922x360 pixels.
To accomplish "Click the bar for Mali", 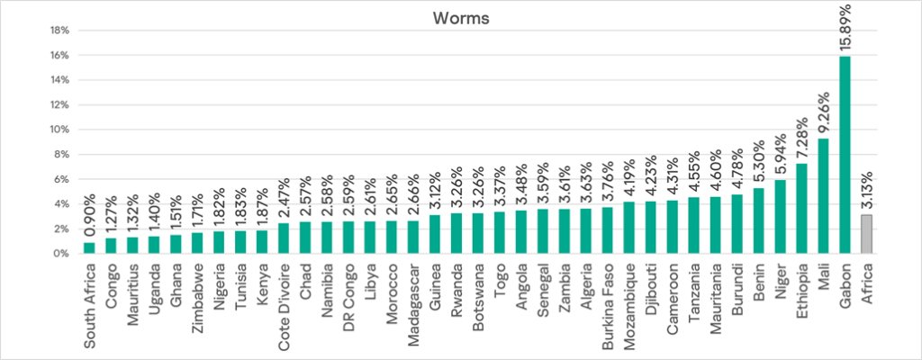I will pyautogui.click(x=824, y=196).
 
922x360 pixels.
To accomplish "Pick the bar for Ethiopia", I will pyautogui.click(x=802, y=209).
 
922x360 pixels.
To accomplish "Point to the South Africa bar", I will pyautogui.click(x=89, y=247).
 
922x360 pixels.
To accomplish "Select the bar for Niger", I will pyautogui.click(x=781, y=217).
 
